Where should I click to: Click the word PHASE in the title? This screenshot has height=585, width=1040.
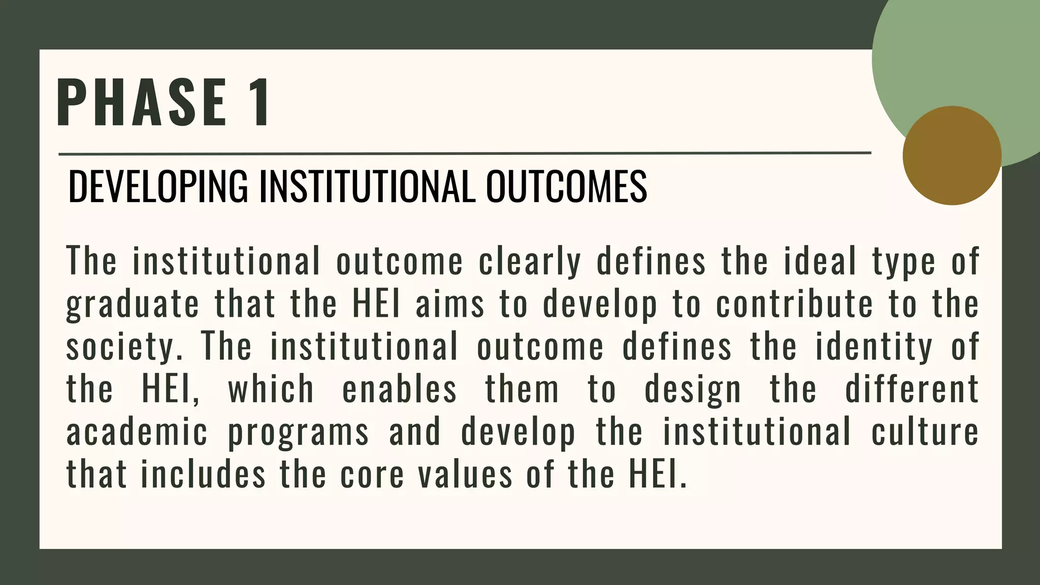(142, 103)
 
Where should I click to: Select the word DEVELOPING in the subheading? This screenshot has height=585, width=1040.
(158, 186)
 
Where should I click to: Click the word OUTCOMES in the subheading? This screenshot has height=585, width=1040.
(566, 186)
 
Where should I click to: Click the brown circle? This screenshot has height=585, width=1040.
(952, 155)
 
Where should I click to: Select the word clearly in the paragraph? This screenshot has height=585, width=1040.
(530, 262)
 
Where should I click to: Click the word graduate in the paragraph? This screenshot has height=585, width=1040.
(133, 305)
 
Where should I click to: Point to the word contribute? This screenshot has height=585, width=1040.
(794, 304)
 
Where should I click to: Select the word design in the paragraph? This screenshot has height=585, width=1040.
(693, 391)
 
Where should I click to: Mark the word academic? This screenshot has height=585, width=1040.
(137, 432)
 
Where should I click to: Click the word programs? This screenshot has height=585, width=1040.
(298, 433)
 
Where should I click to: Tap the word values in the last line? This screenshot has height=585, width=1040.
(466, 475)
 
